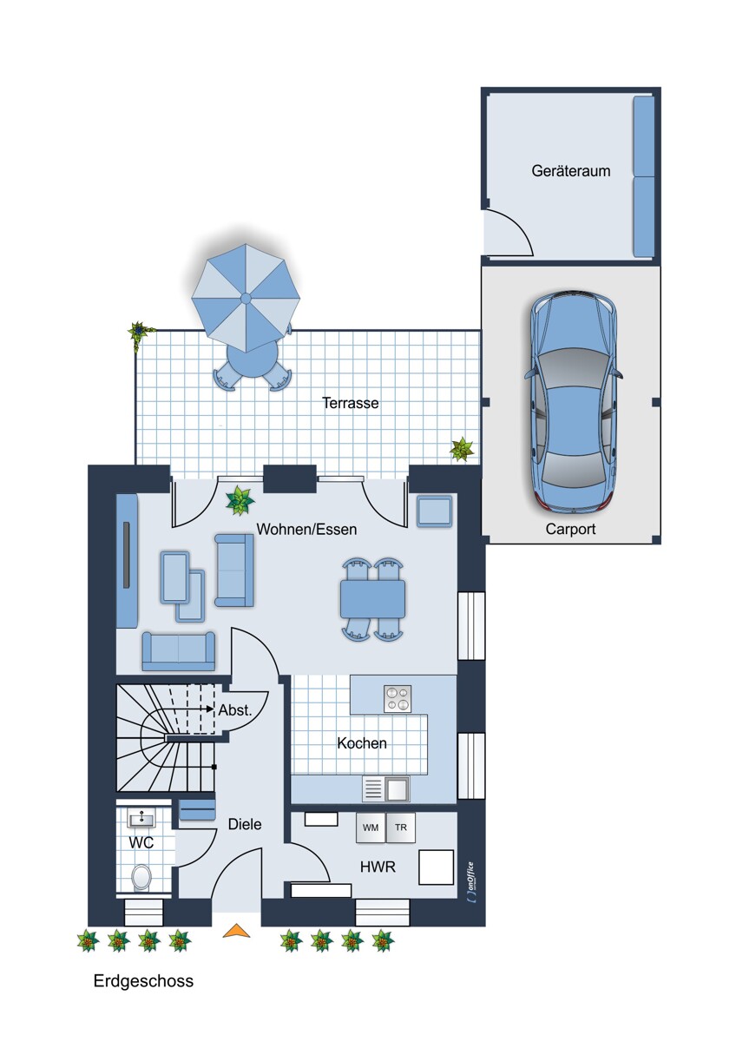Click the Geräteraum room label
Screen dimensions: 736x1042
570,171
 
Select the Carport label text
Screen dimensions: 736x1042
570,529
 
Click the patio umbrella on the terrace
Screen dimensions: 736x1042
246,298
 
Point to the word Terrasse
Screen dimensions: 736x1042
350,403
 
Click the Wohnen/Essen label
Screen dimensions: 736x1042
306,530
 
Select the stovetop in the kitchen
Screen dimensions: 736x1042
398,698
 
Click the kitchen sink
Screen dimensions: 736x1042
386,789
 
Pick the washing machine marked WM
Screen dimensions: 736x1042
371,828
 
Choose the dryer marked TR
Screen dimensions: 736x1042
400,828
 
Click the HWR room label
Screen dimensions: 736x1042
378,867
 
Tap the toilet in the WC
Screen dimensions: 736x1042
141,878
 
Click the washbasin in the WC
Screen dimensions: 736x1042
142,818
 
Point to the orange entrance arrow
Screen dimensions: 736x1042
237,930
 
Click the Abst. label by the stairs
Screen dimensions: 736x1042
235,710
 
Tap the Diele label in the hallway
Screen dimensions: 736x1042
245,824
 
